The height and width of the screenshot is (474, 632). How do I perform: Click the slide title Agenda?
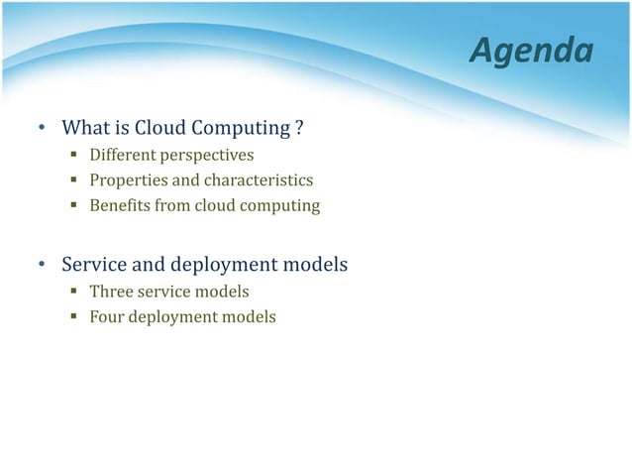tap(531, 50)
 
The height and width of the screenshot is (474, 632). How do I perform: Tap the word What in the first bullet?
tap(84, 129)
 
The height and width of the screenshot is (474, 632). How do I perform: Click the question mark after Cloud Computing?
tap(298, 129)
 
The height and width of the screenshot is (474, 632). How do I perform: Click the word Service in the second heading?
tap(92, 266)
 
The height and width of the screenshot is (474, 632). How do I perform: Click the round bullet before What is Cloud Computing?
tap(42, 130)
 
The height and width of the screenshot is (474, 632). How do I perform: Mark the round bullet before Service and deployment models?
tap(42, 267)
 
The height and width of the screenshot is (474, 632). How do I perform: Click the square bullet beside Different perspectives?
tap(74, 156)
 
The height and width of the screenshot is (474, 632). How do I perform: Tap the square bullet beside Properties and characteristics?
tap(74, 181)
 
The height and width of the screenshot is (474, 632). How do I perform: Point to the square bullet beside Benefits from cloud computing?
tap(74, 207)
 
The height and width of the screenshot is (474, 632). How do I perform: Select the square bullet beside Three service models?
tap(74, 293)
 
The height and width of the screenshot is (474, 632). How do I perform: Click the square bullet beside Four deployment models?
tap(74, 318)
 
